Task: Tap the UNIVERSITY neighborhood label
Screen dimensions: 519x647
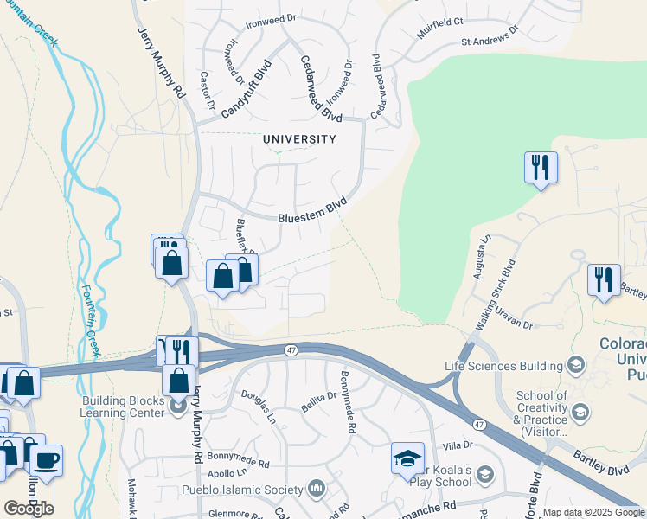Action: pos(298,138)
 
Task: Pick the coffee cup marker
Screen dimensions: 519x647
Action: pos(46,459)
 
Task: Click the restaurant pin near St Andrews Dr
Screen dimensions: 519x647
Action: pos(541,166)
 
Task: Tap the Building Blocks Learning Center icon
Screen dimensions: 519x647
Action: pos(179,405)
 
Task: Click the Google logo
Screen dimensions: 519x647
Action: pos(29,509)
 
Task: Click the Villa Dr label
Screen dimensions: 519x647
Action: pos(457,445)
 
